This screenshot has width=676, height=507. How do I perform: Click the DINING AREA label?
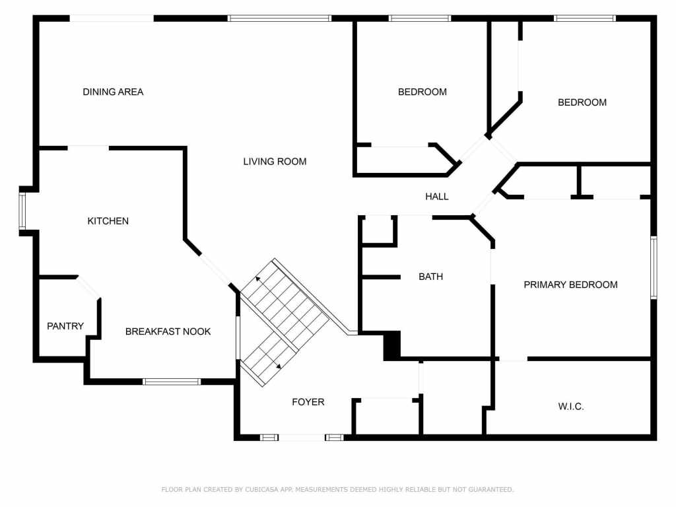coord(113,92)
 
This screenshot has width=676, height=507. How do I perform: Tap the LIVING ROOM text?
coord(275,161)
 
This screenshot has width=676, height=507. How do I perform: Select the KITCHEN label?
coord(108,221)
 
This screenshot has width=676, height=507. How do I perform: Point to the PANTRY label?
coord(65,326)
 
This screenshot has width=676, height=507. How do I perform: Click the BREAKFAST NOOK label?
coord(168,331)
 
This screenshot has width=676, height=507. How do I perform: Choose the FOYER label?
coord(308,402)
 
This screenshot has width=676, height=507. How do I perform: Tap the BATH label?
coord(430,277)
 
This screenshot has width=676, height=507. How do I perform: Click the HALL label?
coord(437,196)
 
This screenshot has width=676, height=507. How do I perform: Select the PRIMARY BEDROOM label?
coord(570,285)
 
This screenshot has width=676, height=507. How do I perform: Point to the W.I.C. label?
coord(571,407)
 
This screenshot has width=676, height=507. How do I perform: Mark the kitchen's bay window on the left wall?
coord(22,211)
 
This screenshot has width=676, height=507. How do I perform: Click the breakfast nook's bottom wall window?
coord(172,381)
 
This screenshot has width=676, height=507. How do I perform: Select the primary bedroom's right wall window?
coord(654,267)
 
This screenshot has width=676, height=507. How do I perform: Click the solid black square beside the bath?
coord(392,345)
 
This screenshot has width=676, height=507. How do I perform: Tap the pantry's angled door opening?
coord(89,287)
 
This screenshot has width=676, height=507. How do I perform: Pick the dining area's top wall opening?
coord(112,18)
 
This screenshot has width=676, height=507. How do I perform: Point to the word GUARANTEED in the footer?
coord(490,490)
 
